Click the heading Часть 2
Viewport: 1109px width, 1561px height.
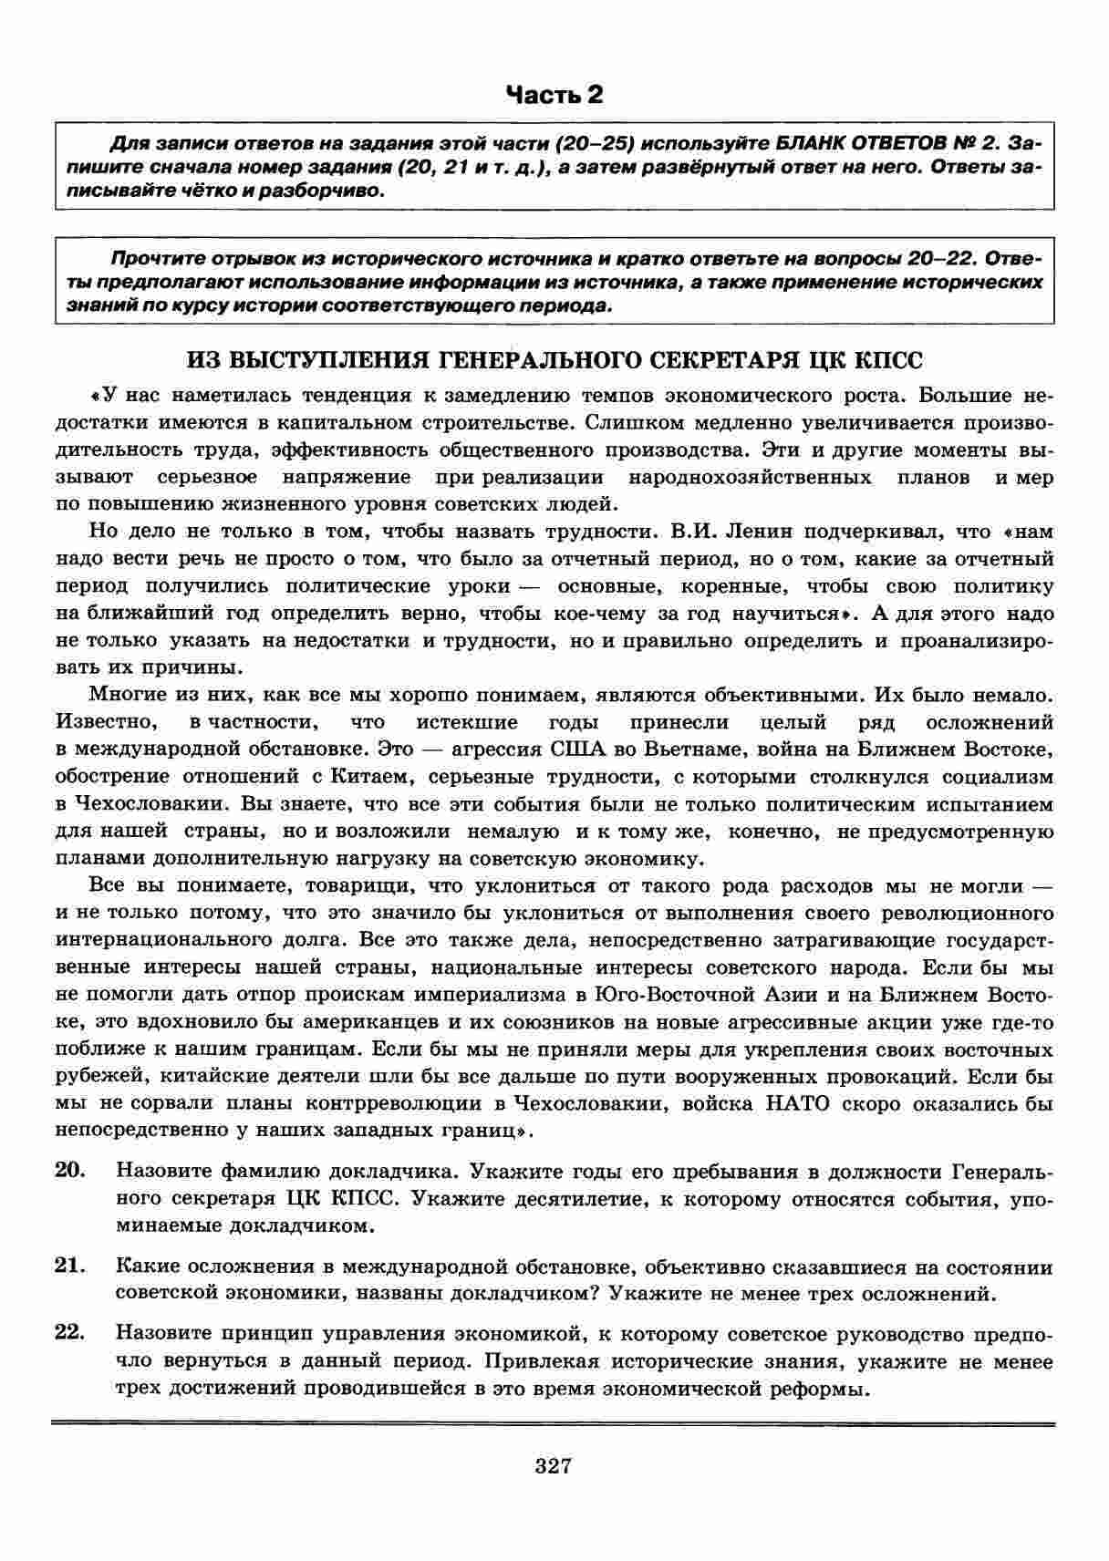pos(554,95)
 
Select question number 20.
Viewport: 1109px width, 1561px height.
pos(70,1170)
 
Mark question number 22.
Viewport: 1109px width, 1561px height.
pos(70,1334)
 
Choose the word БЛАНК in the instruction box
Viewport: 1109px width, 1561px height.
pos(815,144)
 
